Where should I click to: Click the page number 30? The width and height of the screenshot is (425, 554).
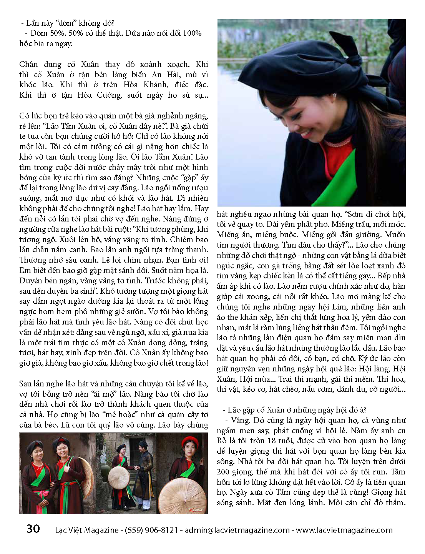[x=33, y=529]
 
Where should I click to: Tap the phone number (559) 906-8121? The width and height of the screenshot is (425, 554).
[x=151, y=530]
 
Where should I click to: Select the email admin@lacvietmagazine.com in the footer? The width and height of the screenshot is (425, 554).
[x=237, y=530]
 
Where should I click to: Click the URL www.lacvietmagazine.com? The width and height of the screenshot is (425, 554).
[x=344, y=530]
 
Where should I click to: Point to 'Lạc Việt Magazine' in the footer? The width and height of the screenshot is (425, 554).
[x=87, y=530]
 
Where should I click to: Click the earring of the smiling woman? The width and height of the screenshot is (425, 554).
[x=335, y=95]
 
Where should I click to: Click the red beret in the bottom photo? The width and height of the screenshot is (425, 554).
[x=189, y=441]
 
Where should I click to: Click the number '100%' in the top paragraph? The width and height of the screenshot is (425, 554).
[x=192, y=33]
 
